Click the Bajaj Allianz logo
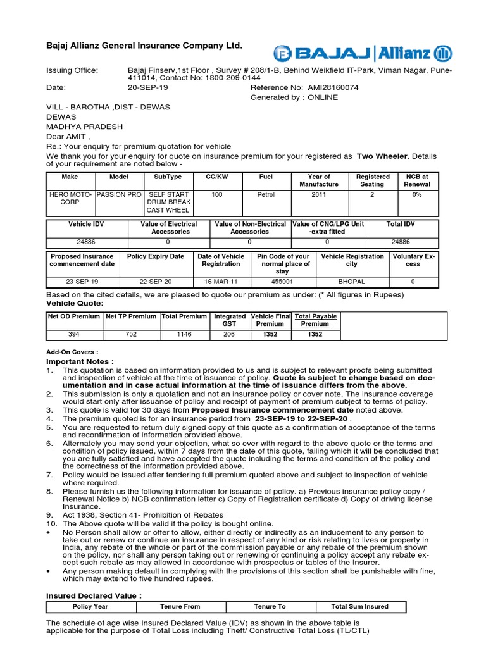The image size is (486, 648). coord(362,52)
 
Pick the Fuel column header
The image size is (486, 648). coord(266,177)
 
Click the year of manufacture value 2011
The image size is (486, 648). coord(319,195)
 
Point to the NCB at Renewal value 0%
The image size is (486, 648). coord(417,195)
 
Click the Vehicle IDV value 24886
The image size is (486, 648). coord(85,242)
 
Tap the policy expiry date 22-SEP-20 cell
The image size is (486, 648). coord(155,282)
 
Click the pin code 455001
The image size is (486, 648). coord(282,282)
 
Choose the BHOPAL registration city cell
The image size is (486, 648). coord(352,282)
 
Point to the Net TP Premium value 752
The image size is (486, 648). coord(131,335)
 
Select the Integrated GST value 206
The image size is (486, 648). coord(230,335)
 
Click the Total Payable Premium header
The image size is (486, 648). coord(315,320)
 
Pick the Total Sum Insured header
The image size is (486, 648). coord(359,606)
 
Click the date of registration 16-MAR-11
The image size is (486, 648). coord(221,282)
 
